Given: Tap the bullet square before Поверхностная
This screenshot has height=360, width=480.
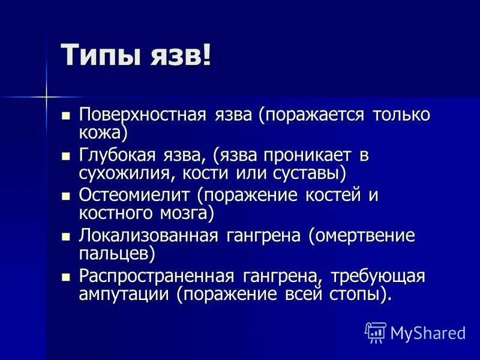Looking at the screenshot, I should pyautogui.click(x=67, y=114).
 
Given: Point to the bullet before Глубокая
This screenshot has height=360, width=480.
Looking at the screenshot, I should pyautogui.click(x=67, y=155).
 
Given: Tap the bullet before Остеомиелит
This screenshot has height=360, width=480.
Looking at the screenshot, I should pyautogui.click(x=67, y=196).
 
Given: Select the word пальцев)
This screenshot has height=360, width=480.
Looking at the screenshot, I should pyautogui.click(x=117, y=254).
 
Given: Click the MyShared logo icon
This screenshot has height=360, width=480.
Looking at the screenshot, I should pyautogui.click(x=376, y=332).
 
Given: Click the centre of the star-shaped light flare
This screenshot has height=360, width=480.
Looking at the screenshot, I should pyautogui.click(x=46, y=95).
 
